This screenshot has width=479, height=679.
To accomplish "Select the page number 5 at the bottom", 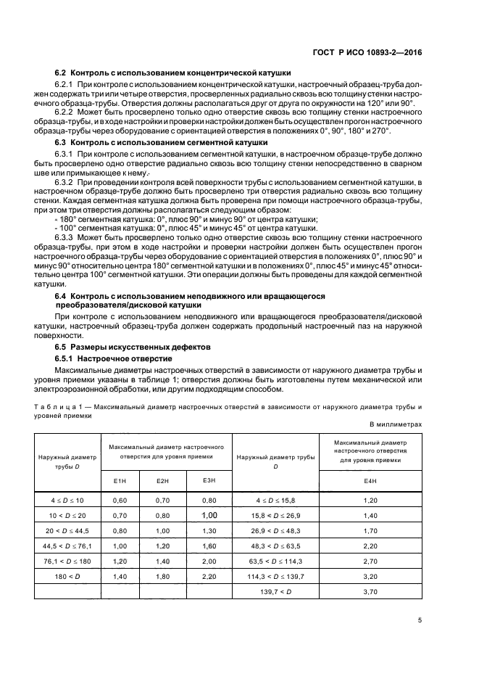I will pyautogui.click(x=420, y=620).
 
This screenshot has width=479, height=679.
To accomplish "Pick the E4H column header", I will pyautogui.click(x=370, y=481).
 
